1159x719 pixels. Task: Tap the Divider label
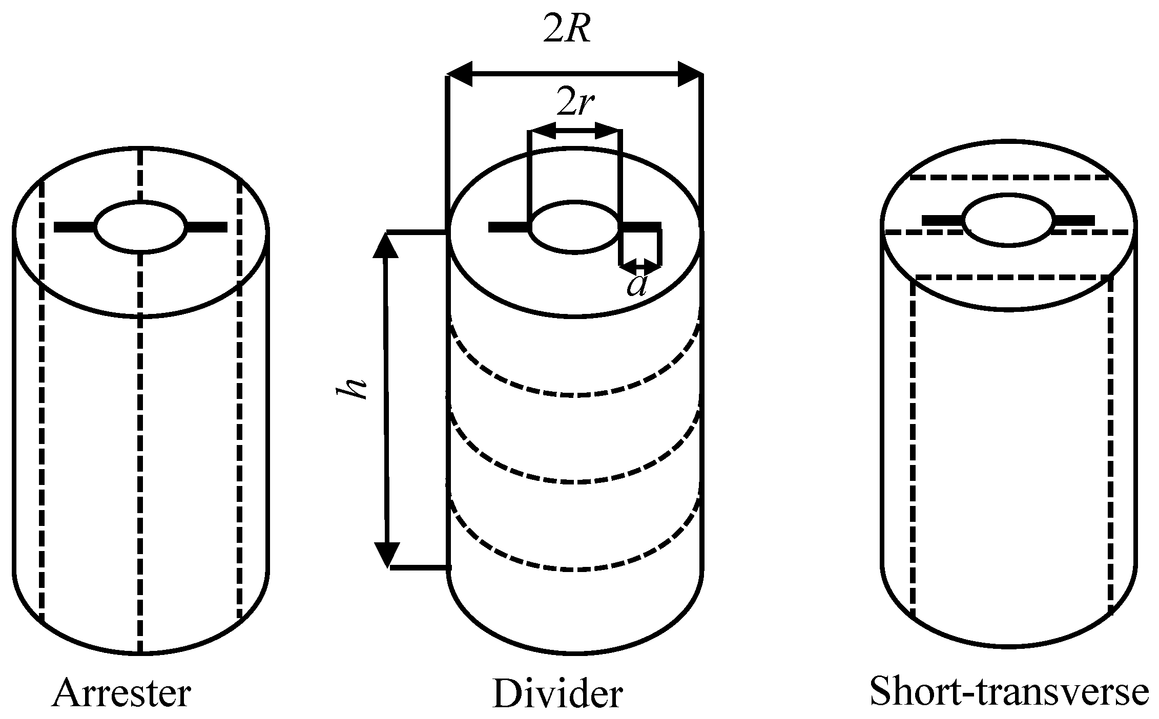557,693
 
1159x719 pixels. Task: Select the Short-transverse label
1008,691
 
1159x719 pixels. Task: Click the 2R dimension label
568,32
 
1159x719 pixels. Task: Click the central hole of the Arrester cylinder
141,227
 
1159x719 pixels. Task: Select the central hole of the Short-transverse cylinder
1008,220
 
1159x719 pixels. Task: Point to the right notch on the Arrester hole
206,227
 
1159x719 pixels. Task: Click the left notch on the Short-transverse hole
943,221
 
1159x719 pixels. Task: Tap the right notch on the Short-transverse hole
1073,221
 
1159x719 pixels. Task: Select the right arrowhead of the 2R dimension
690,75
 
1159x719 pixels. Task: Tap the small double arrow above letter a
640,265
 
